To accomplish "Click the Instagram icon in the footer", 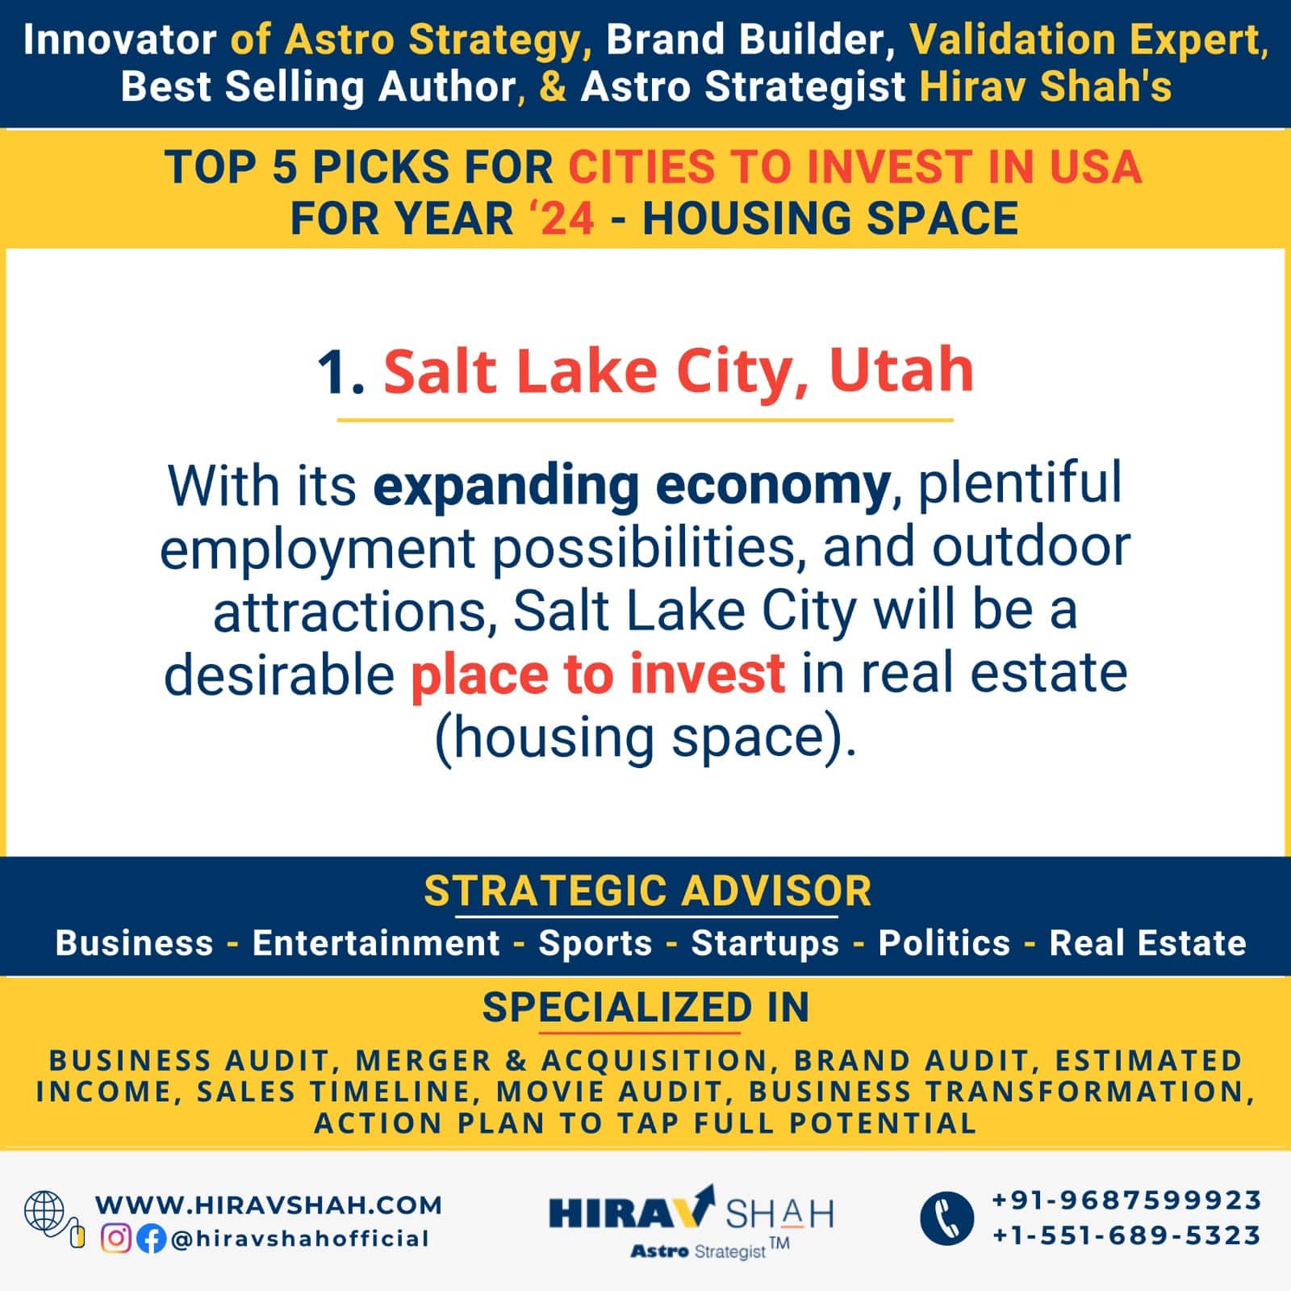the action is [x=115, y=1239].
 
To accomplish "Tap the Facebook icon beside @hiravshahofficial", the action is [x=151, y=1239].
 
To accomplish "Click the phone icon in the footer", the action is [x=946, y=1218].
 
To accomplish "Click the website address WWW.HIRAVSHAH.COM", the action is [x=269, y=1205].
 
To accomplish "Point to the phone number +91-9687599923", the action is [x=1126, y=1200].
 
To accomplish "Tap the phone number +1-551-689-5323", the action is [x=1126, y=1235].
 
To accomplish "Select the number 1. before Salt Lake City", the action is [x=342, y=373].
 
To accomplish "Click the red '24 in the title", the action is [x=562, y=218].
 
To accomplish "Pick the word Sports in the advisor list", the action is [x=595, y=942].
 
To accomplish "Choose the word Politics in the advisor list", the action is [x=944, y=942].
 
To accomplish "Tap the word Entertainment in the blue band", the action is [x=376, y=942].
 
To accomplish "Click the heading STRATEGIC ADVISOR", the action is [x=648, y=891].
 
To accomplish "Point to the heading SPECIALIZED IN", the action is [x=645, y=1007].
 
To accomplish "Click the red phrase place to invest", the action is [x=598, y=675].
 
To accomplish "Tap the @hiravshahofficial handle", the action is [x=300, y=1239].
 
